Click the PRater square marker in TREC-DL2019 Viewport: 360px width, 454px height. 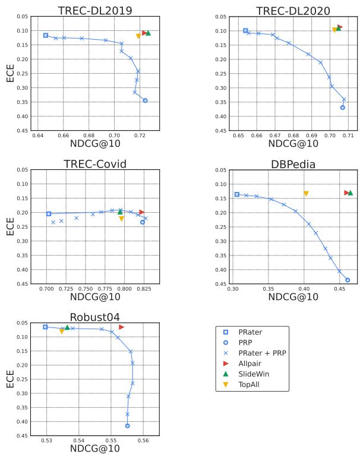[x=46, y=36]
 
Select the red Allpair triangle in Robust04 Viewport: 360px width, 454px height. [x=121, y=327]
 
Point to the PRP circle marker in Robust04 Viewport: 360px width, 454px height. [x=128, y=425]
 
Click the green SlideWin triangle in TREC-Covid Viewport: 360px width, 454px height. [x=120, y=212]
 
